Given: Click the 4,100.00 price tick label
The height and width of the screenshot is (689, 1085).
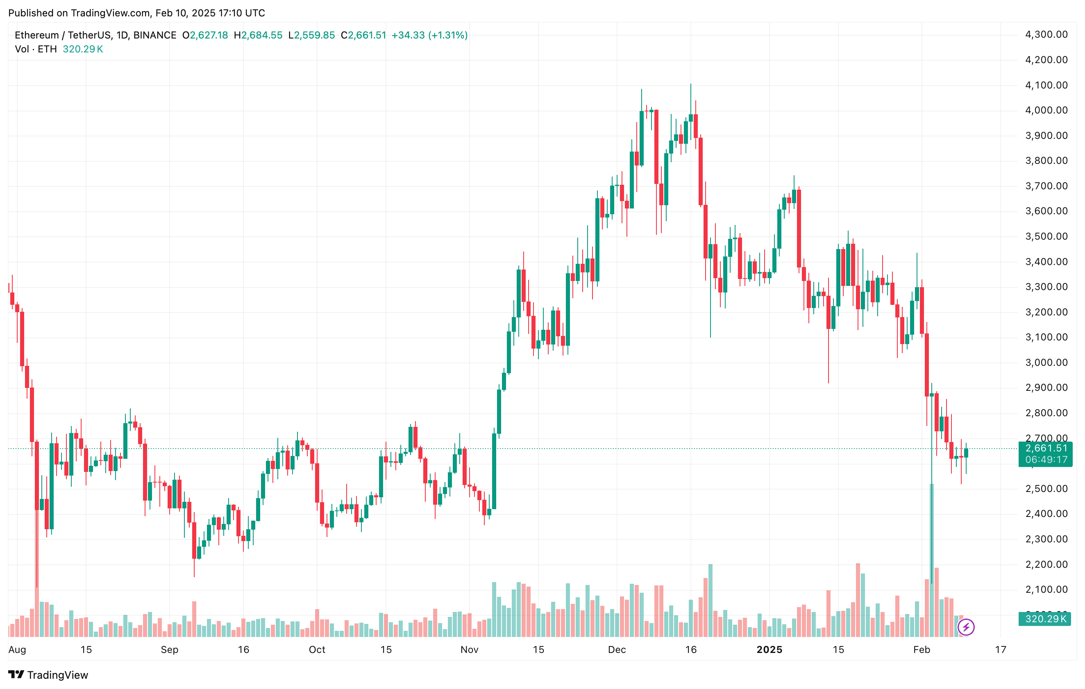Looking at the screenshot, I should (x=1046, y=85).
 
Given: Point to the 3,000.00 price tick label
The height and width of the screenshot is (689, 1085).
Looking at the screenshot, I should (x=1046, y=363).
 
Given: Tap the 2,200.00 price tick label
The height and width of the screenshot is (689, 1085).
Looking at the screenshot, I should (x=1046, y=564).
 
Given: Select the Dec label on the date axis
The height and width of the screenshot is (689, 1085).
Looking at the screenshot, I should (x=616, y=649).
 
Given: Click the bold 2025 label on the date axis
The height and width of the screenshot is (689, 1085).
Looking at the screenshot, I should (x=769, y=649).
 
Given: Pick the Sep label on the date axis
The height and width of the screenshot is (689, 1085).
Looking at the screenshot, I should (x=169, y=649).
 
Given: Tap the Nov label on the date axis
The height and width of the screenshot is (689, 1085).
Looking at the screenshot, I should (x=469, y=649).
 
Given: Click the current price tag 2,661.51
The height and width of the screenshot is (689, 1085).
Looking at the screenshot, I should (x=1046, y=448).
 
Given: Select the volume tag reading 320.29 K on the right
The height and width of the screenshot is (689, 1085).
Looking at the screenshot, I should (x=1045, y=619).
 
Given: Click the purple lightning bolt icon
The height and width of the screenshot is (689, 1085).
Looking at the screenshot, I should (x=966, y=627).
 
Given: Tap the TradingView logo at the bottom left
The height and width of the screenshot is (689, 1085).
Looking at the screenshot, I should (x=48, y=675).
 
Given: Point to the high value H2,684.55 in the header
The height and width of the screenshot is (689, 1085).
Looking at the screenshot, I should (x=258, y=35).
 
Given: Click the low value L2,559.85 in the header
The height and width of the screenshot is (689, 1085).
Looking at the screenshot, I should (x=311, y=35).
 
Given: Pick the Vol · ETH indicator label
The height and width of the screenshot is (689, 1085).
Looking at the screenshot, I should (x=36, y=49).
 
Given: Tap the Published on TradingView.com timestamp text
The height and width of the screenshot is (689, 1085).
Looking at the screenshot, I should (x=136, y=13).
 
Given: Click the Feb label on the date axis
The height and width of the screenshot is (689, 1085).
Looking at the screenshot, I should (x=922, y=649).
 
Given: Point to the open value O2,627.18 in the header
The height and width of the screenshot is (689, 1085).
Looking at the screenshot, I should (x=205, y=35).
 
